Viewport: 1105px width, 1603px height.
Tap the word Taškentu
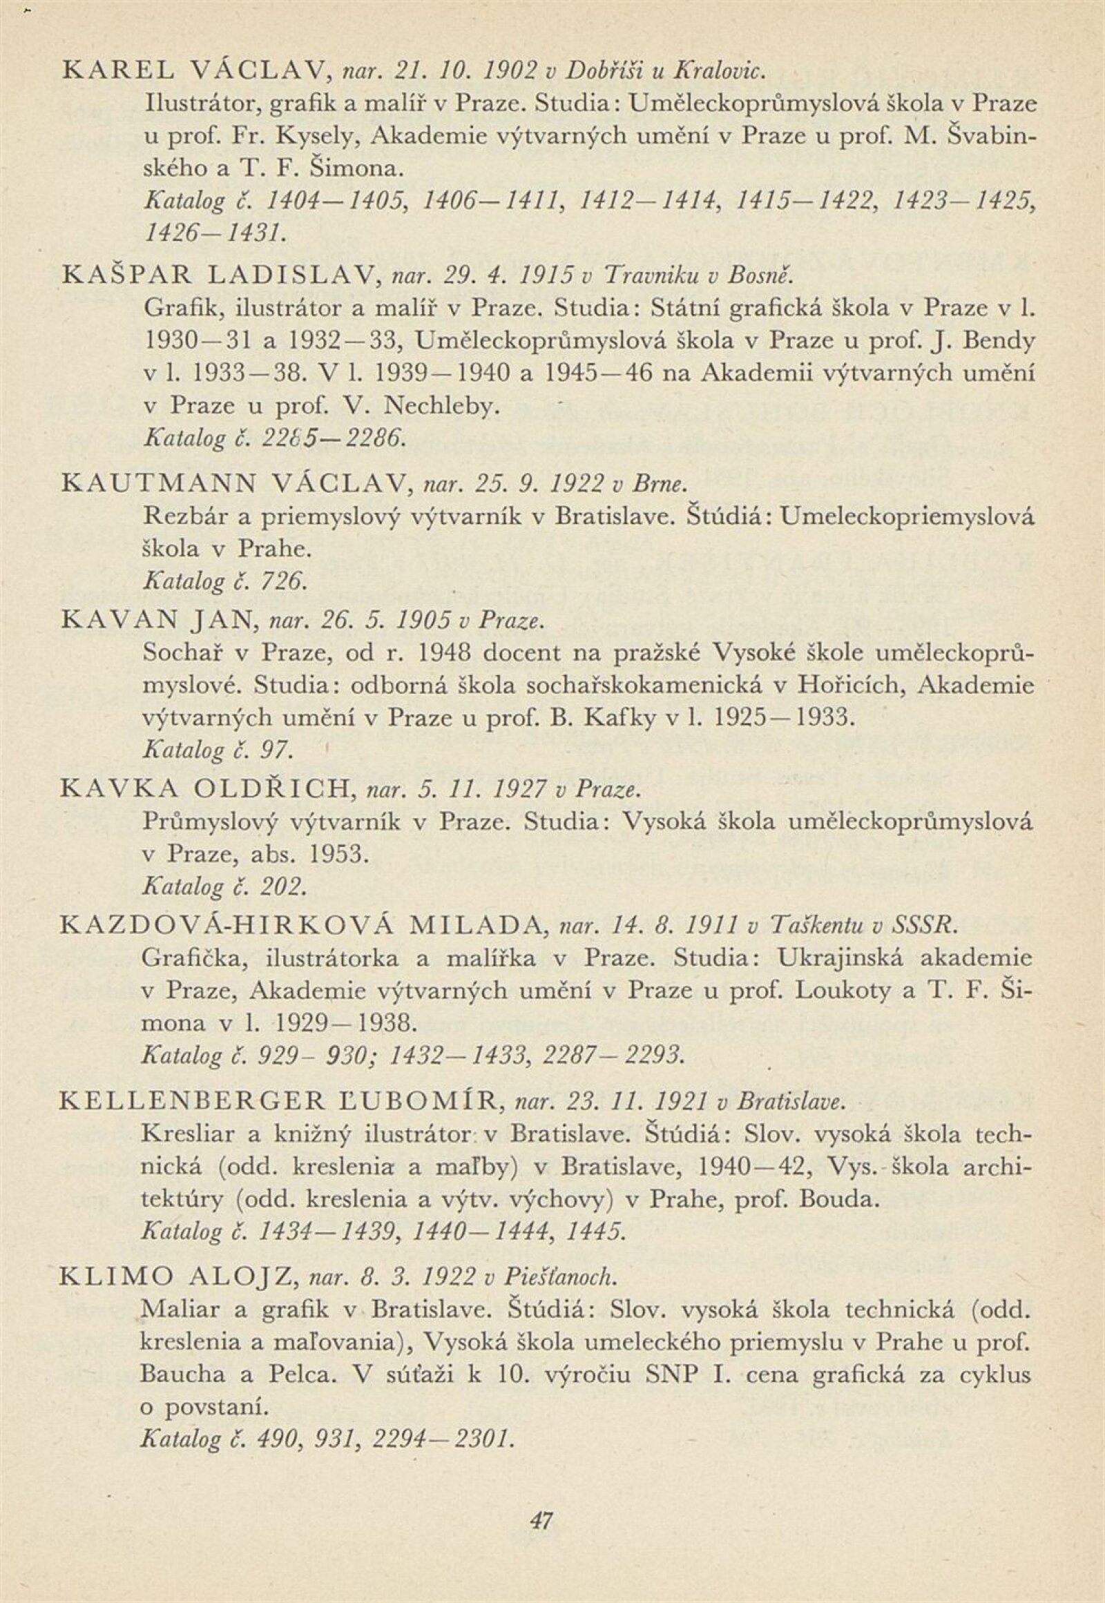(x=816, y=924)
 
